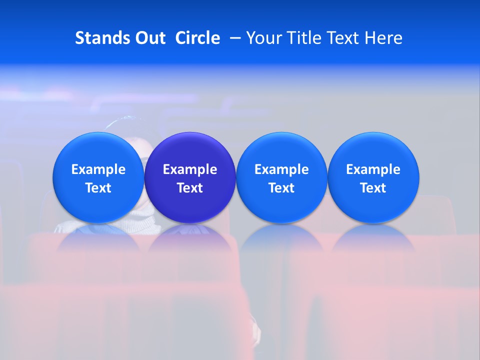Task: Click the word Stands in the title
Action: [x=102, y=38]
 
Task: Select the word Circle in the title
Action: [x=197, y=38]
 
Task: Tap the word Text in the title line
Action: [x=344, y=38]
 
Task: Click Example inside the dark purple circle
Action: [x=190, y=169]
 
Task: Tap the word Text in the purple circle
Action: [x=190, y=188]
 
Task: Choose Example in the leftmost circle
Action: [x=98, y=169]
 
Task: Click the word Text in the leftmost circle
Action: [x=98, y=188]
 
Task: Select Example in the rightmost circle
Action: [x=373, y=169]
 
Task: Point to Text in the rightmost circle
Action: [x=373, y=188]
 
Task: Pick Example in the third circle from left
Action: [x=281, y=169]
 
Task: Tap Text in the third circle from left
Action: [x=281, y=188]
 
